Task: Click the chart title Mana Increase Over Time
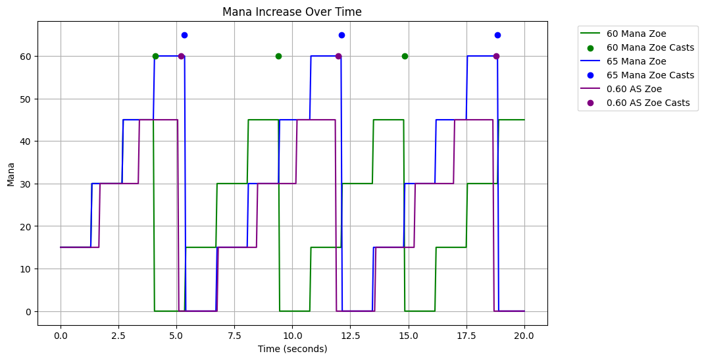pyautogui.click(x=291, y=12)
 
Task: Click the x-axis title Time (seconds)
pyautogui.click(x=292, y=349)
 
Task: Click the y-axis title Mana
pyautogui.click(x=11, y=174)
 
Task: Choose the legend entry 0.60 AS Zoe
pyautogui.click(x=634, y=89)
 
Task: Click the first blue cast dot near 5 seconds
pyautogui.click(x=184, y=35)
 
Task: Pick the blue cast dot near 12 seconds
pyautogui.click(x=341, y=35)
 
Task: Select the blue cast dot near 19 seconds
pyautogui.click(x=497, y=35)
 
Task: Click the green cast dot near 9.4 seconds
pyautogui.click(x=278, y=56)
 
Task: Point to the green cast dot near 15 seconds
pyautogui.click(x=405, y=56)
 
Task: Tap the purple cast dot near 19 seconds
pyautogui.click(x=496, y=56)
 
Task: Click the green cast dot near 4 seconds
pyautogui.click(x=155, y=56)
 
